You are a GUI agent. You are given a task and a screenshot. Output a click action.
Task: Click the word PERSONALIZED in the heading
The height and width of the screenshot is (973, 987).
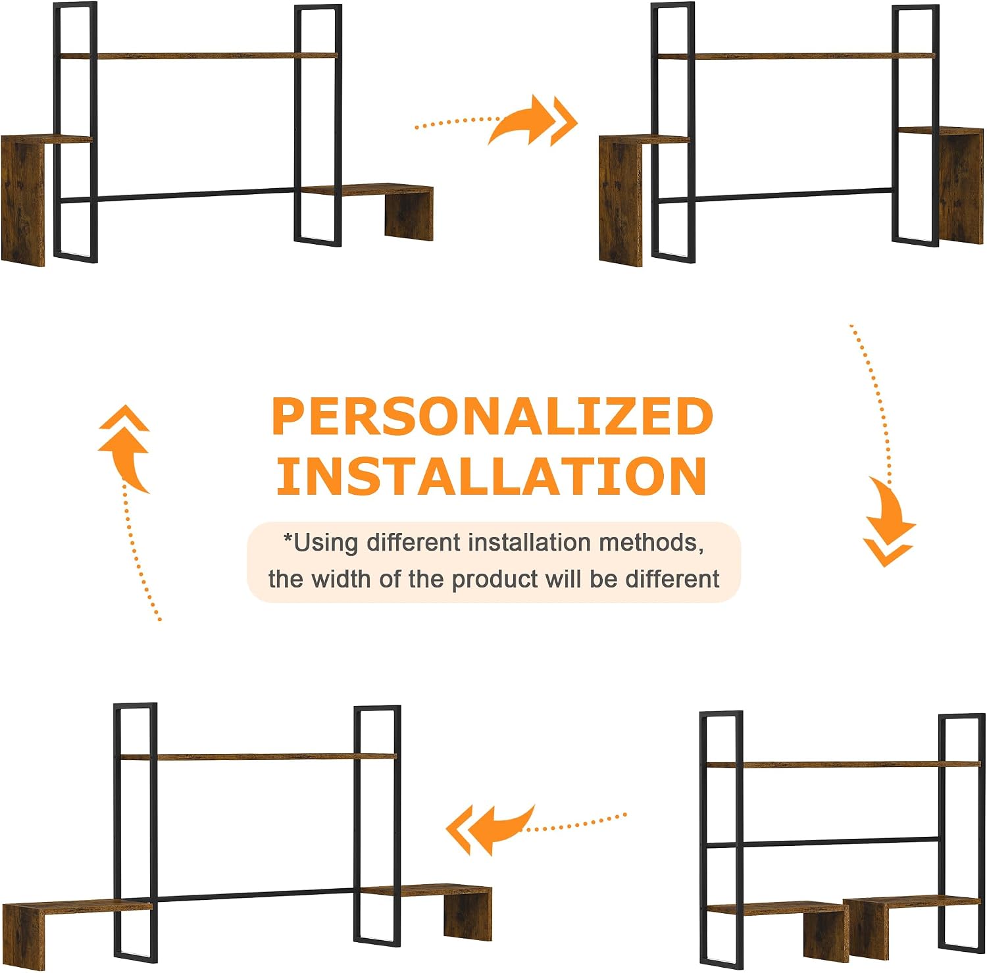(x=492, y=416)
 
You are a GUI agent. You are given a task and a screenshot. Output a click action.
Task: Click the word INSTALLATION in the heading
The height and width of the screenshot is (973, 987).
(x=492, y=476)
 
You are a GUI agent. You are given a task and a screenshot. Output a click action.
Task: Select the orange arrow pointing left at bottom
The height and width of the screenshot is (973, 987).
(x=536, y=828)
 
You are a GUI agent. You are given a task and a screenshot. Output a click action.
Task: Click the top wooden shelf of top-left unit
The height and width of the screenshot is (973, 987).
(x=198, y=56)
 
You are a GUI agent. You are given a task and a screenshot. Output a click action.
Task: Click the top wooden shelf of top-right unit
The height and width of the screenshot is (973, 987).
(x=796, y=56)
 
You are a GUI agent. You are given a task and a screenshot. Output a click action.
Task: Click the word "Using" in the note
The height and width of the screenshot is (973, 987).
(x=326, y=543)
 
